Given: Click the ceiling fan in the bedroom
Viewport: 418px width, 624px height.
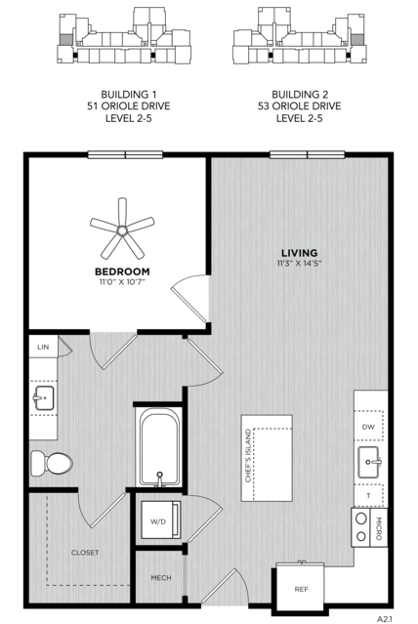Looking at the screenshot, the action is tap(122, 229).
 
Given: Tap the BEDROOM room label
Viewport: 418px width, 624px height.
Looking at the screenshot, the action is tap(122, 271).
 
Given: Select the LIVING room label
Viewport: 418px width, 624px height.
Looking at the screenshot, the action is tap(300, 253).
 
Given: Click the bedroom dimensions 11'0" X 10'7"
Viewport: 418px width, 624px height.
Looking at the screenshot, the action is tap(122, 282).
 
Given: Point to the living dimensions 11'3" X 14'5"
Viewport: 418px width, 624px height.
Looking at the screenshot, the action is tap(300, 263).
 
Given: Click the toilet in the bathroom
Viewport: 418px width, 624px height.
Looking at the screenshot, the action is tap(52, 463).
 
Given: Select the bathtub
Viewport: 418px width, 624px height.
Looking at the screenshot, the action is tap(159, 448).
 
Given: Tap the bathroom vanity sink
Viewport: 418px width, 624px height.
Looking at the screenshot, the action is tap(43, 398).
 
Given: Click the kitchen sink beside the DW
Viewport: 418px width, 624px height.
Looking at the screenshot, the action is tap(369, 462).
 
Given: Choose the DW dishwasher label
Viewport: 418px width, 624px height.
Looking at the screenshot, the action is tap(368, 427).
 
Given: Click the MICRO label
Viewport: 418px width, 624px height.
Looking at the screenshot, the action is tap(379, 527).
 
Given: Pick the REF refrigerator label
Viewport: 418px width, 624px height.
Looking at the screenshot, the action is tap(302, 590).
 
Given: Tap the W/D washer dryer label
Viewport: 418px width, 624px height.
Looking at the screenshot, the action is tap(158, 521).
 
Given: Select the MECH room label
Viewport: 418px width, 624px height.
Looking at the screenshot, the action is tap(161, 577).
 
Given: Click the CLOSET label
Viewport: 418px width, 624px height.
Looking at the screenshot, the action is tap(85, 553).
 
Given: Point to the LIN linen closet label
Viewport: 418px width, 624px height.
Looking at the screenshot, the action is tap(43, 347).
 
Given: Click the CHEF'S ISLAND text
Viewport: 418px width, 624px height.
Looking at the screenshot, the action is tap(248, 456).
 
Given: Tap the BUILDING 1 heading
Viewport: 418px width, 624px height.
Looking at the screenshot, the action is tap(129, 95).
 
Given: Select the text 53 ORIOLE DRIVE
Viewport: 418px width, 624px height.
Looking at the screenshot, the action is tap(300, 106).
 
